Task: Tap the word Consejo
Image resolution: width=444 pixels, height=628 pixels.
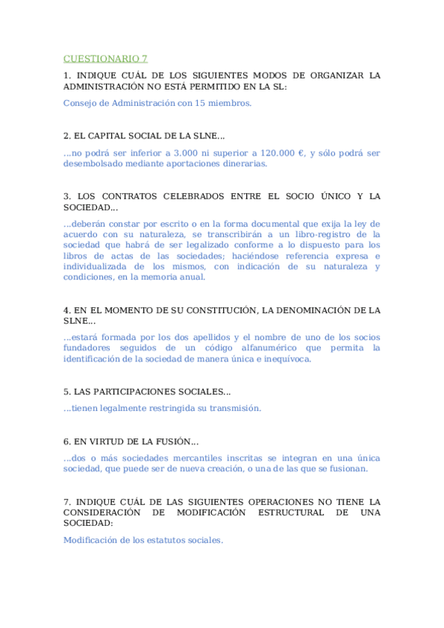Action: coord(80,103)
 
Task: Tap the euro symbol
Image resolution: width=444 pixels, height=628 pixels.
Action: coord(302,153)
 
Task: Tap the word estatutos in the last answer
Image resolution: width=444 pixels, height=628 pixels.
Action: coord(149,540)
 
